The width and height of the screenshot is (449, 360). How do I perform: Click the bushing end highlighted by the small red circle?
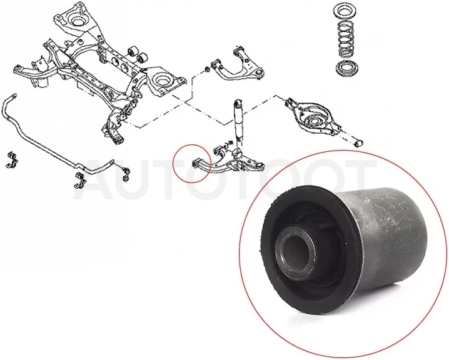194,164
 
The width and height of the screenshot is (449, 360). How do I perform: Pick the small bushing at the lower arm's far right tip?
358,142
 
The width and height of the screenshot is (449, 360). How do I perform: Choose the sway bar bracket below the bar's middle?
78,180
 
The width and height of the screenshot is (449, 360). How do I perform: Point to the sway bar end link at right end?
126,173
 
